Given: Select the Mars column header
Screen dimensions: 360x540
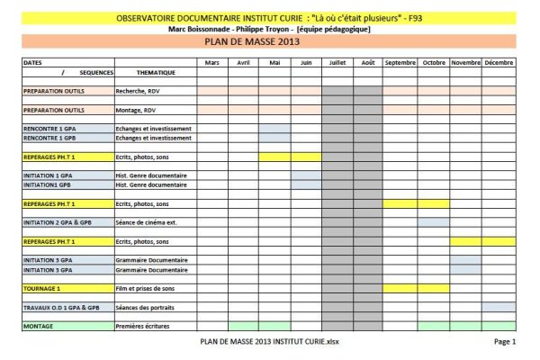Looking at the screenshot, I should click(x=212, y=62).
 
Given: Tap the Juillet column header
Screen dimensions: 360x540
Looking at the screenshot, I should click(x=337, y=62).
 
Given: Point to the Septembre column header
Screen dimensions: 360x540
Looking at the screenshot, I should click(x=400, y=62).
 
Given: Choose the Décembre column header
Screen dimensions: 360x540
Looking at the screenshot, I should click(x=499, y=62).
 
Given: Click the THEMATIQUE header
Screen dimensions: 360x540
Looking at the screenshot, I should click(x=155, y=71).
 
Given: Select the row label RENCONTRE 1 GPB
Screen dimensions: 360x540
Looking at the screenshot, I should click(x=50, y=139).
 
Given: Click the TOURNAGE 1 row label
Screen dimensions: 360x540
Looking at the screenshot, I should click(x=41, y=289).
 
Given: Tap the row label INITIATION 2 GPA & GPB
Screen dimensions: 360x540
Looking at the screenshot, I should click(x=58, y=222).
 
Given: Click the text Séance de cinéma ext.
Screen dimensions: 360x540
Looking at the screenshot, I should click(x=148, y=222).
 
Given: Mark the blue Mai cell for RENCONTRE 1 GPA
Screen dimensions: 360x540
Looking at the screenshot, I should click(x=274, y=130).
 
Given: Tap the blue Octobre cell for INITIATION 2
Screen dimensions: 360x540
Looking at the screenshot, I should click(x=433, y=222).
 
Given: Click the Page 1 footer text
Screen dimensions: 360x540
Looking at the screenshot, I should click(x=504, y=343).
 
